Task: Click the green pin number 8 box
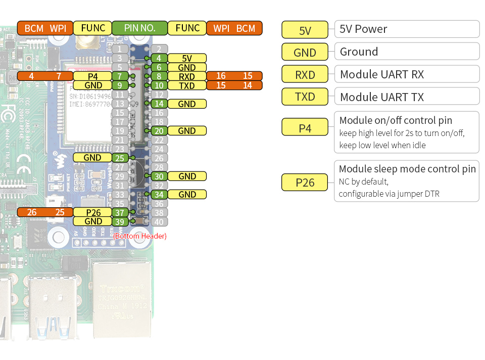159,76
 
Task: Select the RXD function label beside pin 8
187,76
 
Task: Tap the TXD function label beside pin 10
187,85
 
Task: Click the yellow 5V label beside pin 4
187,58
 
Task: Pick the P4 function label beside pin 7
92,76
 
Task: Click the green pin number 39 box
119,221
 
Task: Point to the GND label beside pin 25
92,158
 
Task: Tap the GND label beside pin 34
187,194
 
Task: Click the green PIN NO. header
139,28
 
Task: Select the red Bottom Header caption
140,236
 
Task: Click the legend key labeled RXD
305,75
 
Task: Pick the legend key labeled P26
305,183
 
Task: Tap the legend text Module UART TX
382,97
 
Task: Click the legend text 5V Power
364,29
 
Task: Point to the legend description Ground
359,52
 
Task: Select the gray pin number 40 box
159,221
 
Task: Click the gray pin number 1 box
119,49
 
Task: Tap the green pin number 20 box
159,131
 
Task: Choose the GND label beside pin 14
187,104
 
